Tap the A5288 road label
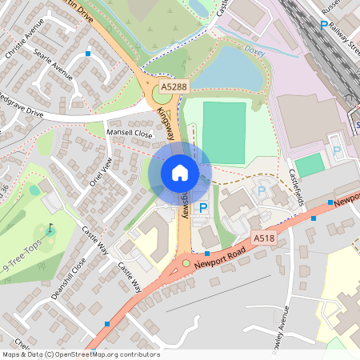[x=174, y=86]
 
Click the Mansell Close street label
[x=130, y=134]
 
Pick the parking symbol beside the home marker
[x=203, y=207]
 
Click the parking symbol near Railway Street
[x=324, y=26]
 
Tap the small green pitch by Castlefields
[x=310, y=165]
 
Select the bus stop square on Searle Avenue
[x=88, y=53]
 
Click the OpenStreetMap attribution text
[x=80, y=354]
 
